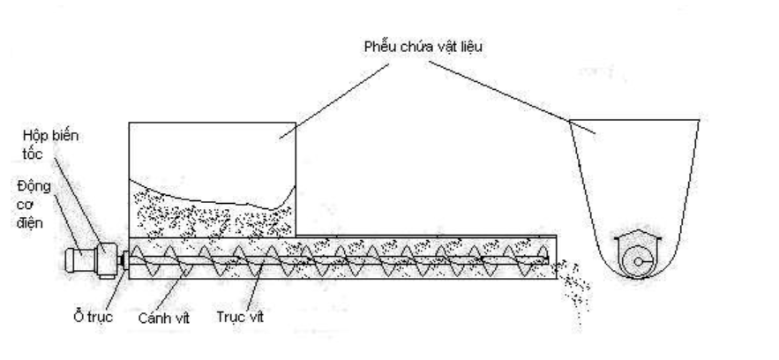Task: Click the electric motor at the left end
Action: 80,259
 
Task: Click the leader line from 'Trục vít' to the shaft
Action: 251,284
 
